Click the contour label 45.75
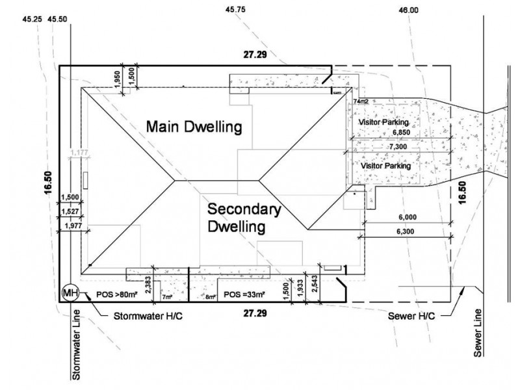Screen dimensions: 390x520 235,10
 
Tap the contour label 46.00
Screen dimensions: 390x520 408,10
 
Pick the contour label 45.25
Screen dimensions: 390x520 32,20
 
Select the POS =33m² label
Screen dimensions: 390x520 244,294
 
